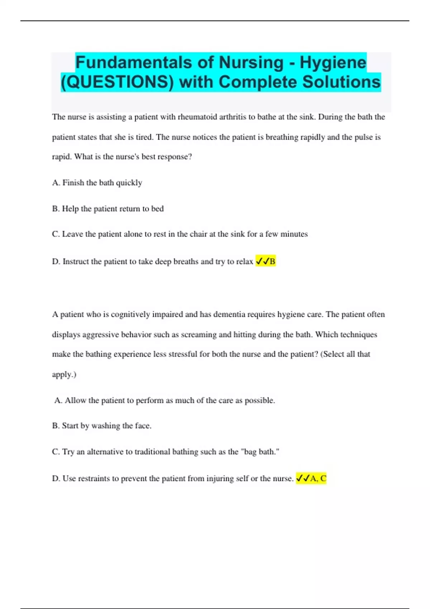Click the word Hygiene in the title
tap(333, 63)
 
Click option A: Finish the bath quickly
tap(97, 183)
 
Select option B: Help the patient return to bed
tap(108, 208)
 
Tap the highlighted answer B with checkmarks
tap(266, 262)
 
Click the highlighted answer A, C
tap(311, 478)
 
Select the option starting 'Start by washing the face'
tap(102, 426)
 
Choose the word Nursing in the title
tap(251, 63)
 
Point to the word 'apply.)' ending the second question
tap(64, 374)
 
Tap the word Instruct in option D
tap(76, 262)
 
